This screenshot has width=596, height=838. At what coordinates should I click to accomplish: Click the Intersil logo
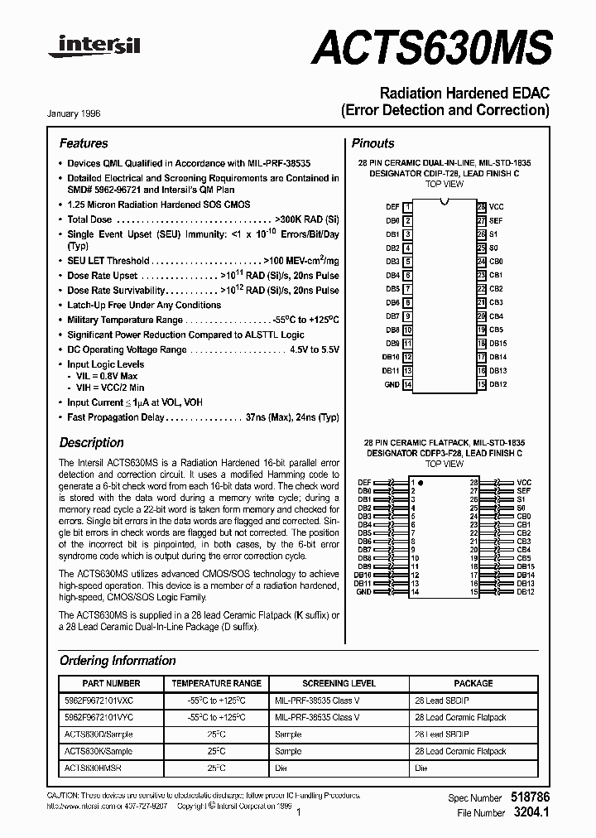pos(94,49)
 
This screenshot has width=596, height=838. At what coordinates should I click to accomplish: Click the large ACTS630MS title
pos(431,47)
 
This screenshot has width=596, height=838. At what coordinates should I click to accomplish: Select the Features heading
pos(84,143)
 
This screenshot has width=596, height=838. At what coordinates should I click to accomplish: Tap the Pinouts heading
pos(373,143)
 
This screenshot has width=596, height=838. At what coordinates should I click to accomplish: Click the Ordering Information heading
pos(118,661)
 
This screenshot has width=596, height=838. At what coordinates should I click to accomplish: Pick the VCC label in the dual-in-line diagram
pos(496,206)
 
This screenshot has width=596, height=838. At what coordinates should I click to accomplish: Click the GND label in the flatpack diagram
pos(363,592)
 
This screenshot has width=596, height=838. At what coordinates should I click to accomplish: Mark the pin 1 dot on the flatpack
pos(421,482)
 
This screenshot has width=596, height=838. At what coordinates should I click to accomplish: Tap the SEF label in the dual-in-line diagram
pos(496,220)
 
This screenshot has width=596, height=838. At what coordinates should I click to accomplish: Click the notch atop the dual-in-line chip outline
pos(445,203)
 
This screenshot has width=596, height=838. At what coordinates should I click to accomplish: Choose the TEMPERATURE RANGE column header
pos(216,683)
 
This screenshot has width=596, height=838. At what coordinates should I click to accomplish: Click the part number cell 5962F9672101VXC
pos(99,701)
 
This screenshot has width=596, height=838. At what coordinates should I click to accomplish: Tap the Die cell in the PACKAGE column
pos(422,768)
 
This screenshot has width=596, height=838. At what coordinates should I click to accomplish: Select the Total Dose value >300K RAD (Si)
pos(306,219)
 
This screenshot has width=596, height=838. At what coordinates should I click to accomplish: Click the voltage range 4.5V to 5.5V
pos(314,349)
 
